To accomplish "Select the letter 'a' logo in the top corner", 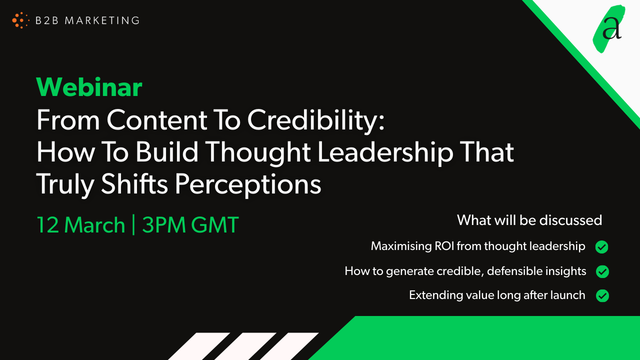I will (610, 28).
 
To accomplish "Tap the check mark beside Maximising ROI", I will (602, 246).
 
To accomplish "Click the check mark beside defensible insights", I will (602, 271).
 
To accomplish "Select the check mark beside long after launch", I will (602, 295).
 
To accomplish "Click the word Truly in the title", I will (69, 186).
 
